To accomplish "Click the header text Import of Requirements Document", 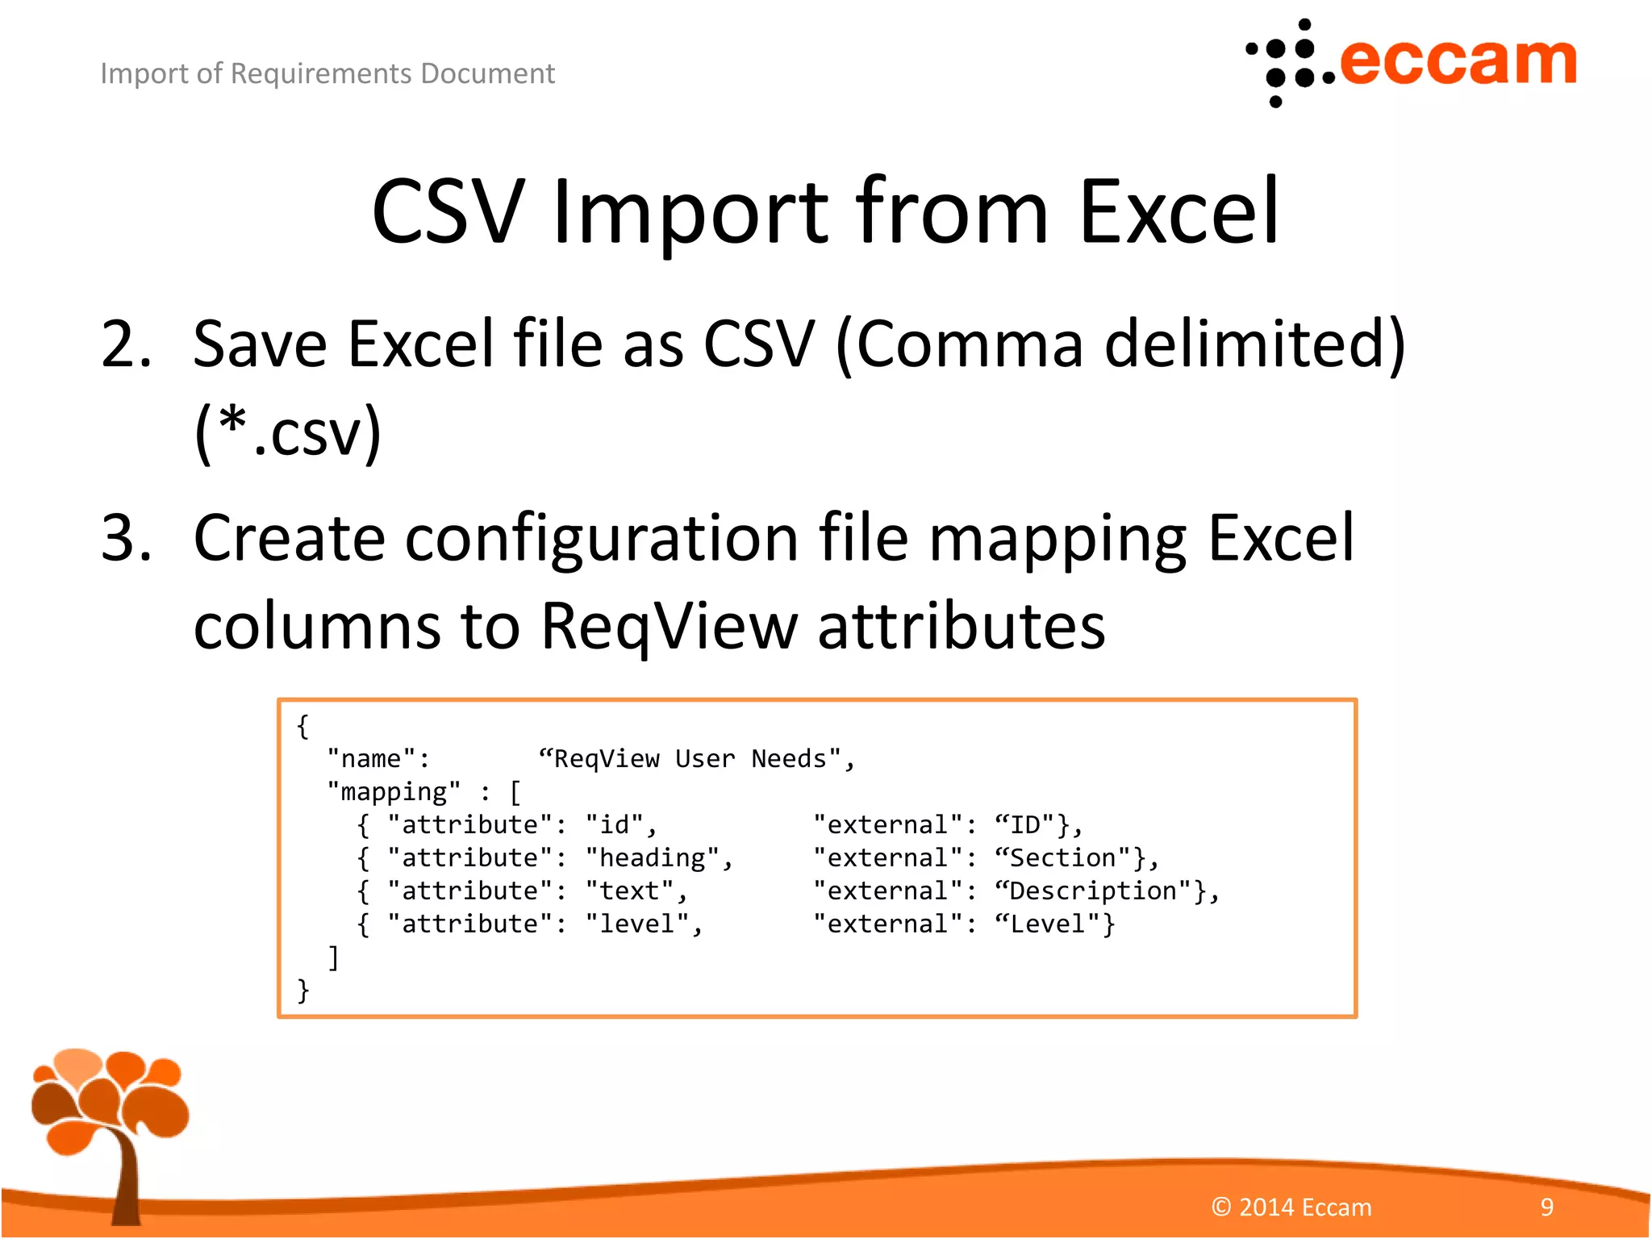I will point(327,73).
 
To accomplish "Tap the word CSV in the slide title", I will point(448,212).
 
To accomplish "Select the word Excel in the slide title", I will point(1179,212).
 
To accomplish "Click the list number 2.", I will point(125,345).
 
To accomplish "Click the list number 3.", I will point(125,539).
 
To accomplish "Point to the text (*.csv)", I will point(288,432).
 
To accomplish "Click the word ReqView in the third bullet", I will point(668,626).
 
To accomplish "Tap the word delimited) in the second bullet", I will point(1254,345).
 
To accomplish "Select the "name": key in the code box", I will point(378,759).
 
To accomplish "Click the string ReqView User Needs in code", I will point(695,759).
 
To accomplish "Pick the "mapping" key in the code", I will point(394,792).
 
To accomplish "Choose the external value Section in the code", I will point(1070,858).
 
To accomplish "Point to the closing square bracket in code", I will point(333,957).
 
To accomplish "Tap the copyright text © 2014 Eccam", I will point(1291,1208).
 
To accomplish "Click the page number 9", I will point(1546,1208).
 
